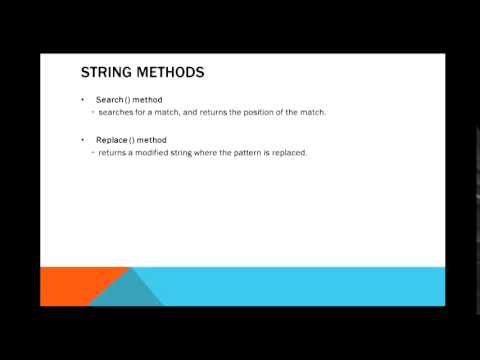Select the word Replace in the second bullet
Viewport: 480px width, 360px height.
(110, 139)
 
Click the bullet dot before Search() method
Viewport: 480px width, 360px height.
(83, 101)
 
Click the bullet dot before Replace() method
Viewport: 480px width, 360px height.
(83, 139)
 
